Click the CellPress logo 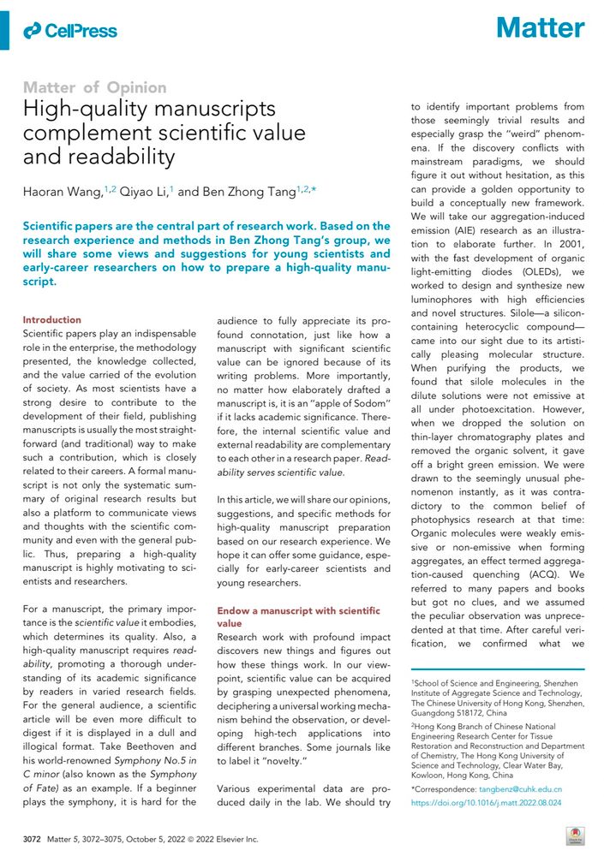[71, 31]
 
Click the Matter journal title [541, 29]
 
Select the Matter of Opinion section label [95, 87]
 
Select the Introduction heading [51, 319]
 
